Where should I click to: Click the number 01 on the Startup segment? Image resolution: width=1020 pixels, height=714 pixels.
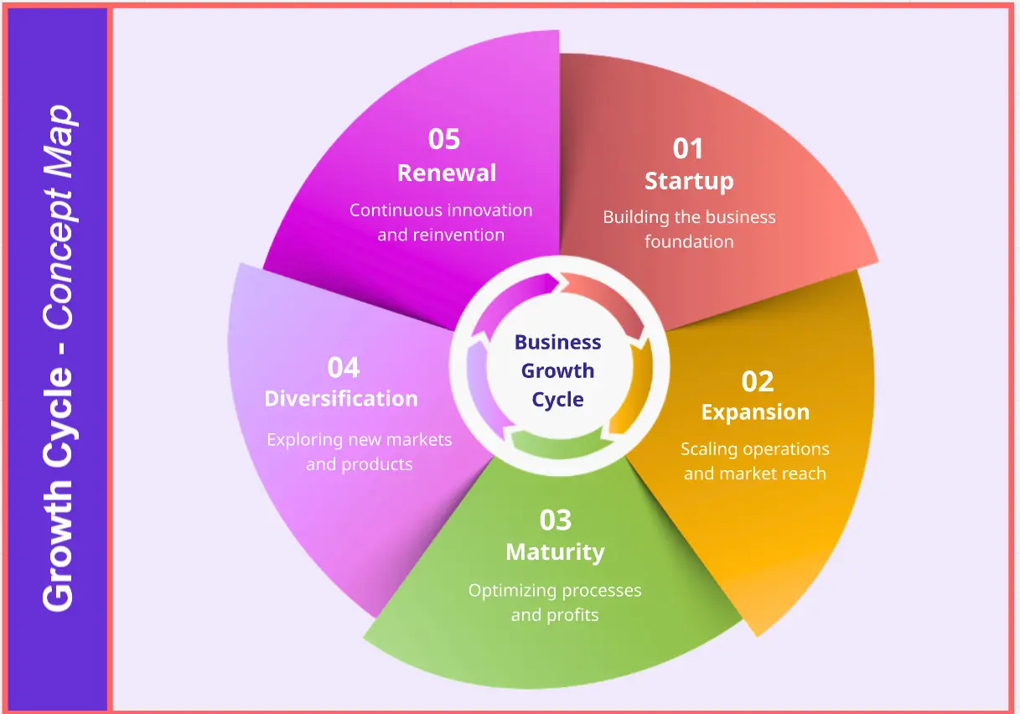click(x=688, y=148)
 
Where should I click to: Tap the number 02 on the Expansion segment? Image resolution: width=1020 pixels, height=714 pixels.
click(x=758, y=381)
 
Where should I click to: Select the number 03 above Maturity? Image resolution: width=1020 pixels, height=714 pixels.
click(x=556, y=520)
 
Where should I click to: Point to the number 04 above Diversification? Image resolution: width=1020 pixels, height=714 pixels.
click(x=344, y=367)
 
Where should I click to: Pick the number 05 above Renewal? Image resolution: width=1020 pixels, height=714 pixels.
click(x=444, y=139)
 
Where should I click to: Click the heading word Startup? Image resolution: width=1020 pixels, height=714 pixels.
click(x=689, y=181)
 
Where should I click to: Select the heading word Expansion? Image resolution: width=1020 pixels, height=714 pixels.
click(x=755, y=412)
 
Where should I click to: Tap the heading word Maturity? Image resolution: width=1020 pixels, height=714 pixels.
click(x=555, y=552)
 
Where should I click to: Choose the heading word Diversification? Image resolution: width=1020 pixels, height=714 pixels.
click(x=341, y=399)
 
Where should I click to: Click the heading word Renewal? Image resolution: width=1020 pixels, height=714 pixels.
click(x=447, y=173)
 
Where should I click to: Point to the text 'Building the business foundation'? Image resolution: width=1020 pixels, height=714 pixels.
click(x=689, y=229)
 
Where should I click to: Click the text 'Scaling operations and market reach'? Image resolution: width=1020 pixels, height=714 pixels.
click(x=755, y=461)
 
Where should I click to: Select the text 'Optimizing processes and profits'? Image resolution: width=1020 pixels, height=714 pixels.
click(x=555, y=603)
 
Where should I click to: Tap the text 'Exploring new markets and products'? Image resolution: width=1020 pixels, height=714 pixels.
click(x=359, y=452)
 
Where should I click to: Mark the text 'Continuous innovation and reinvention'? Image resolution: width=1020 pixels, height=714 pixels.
click(x=441, y=222)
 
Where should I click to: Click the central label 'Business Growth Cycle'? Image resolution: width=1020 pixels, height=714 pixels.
click(x=558, y=370)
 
